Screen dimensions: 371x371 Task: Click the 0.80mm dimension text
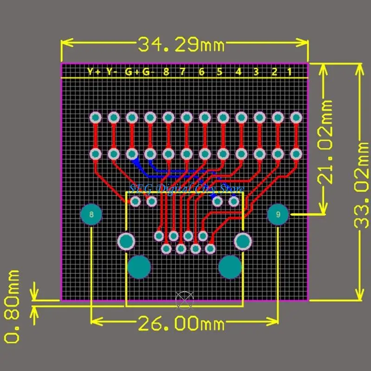click(x=13, y=306)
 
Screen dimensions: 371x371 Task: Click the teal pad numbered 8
click(x=91, y=215)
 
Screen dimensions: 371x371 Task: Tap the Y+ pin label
click(x=94, y=72)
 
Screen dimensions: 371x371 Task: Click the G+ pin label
click(x=130, y=72)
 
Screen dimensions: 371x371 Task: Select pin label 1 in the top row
click(x=289, y=72)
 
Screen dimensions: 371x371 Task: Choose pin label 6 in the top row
click(x=201, y=72)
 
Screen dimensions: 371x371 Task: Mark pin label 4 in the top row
click(x=238, y=72)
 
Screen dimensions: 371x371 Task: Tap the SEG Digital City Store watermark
click(x=185, y=188)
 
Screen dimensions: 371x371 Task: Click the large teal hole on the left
click(x=139, y=267)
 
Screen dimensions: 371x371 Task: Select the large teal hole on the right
click(x=230, y=267)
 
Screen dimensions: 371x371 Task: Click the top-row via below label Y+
click(x=96, y=117)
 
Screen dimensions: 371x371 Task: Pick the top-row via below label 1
click(x=295, y=117)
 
